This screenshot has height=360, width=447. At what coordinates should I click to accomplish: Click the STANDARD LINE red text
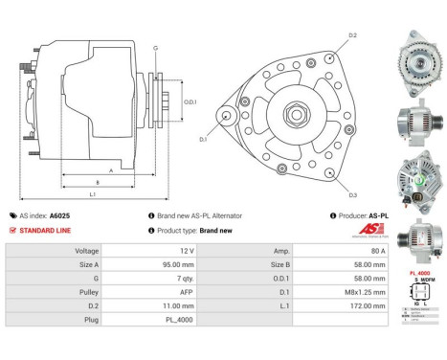45,231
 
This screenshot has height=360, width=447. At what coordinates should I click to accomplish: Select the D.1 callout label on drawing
204,140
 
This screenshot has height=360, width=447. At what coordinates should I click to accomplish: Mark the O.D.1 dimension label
190,101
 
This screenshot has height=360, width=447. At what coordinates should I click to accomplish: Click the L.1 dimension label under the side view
93,194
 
